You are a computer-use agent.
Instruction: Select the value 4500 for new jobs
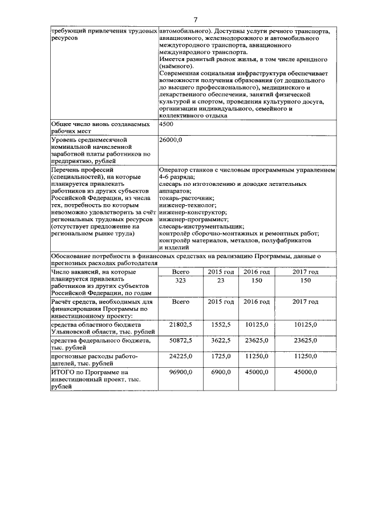167,124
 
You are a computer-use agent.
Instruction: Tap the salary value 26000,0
171,139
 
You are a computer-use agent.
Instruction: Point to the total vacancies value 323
181,281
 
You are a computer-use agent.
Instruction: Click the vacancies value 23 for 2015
220,281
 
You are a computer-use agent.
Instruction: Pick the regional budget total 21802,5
181,324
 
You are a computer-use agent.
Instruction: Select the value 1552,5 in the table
220,324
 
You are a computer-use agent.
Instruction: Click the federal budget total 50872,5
181,340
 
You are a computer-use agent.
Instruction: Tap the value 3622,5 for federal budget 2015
220,340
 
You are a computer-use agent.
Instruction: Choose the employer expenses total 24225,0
181,356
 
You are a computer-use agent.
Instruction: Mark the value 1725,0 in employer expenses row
220,356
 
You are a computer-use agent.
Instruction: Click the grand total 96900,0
181,371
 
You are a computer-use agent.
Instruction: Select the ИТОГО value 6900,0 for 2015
220,371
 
